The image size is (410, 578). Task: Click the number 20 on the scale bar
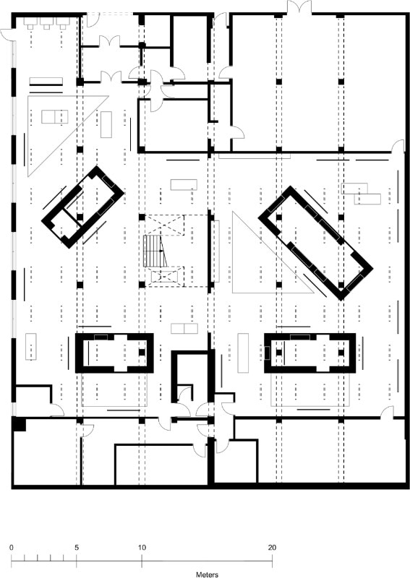pos(272,548)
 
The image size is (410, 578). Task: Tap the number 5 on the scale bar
pos(77,548)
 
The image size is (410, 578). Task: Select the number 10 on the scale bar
pos(142,548)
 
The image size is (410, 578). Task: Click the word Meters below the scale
pos(207,574)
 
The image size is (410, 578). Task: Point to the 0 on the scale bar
pos(12,548)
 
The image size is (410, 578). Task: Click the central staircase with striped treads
pos(155,251)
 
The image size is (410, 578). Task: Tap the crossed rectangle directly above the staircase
pos(164,225)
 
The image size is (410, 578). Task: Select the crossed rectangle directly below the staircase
pos(165,277)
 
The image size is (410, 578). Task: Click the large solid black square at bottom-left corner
pos(20,424)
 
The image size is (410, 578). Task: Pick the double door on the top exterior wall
pos(299,7)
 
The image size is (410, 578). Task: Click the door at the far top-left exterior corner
pos(7,34)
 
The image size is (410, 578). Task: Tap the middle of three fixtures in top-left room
pos(46,23)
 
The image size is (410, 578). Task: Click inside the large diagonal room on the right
pos(315,243)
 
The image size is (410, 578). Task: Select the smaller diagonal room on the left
pos(82,207)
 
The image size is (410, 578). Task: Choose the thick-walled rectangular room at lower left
pos(114,353)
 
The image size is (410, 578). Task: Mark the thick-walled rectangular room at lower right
pos(310,353)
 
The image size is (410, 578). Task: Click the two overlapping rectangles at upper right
pos(361,194)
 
